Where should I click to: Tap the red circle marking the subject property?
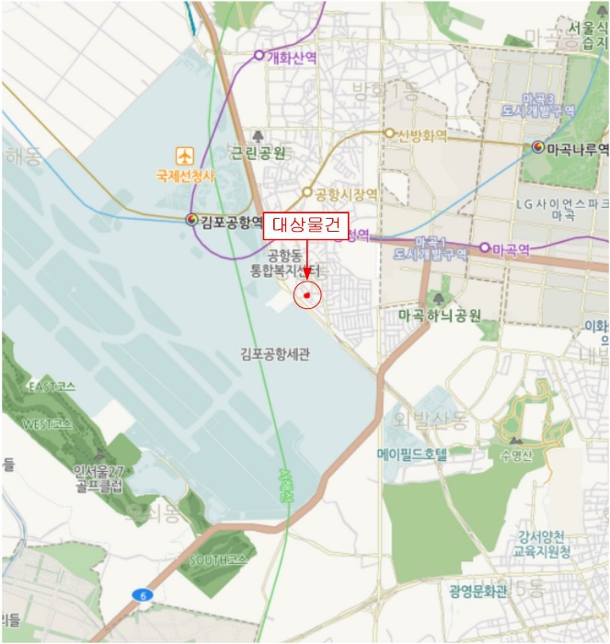306,295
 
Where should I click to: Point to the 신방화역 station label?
422,135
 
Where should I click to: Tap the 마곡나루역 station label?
577,147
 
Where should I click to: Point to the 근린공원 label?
258,153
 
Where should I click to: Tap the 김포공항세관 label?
275,353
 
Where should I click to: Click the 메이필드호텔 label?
411,454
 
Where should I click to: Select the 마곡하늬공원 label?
440,315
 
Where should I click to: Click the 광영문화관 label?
478,590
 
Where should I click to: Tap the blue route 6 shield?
142,595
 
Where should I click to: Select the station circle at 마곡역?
484,247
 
